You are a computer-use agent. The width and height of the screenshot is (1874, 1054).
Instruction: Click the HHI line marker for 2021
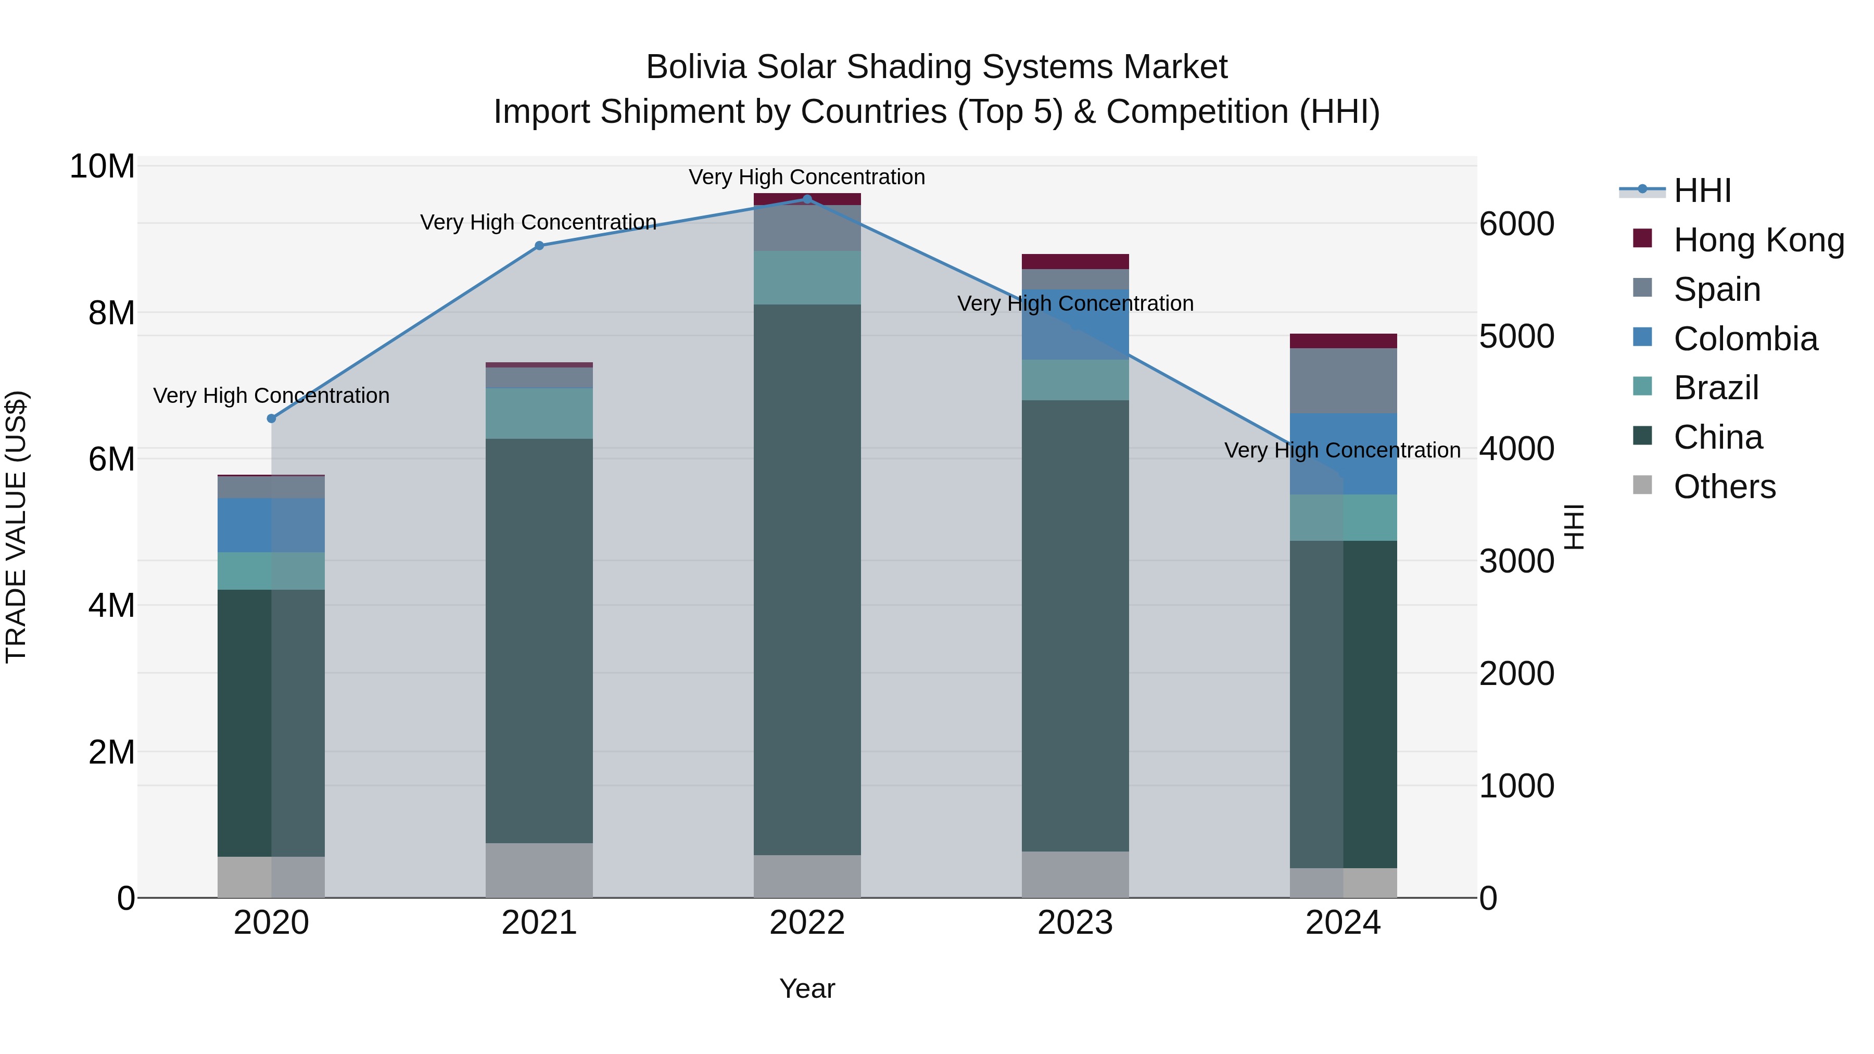[x=539, y=246]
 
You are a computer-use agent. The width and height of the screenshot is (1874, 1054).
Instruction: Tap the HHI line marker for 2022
[x=807, y=199]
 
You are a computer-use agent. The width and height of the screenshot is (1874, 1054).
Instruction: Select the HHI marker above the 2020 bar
[x=271, y=418]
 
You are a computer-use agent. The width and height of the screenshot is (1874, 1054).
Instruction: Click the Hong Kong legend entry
[x=1758, y=240]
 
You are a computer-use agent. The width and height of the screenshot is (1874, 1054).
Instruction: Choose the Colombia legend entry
[x=1745, y=339]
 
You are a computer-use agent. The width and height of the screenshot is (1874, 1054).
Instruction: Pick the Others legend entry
[x=1724, y=487]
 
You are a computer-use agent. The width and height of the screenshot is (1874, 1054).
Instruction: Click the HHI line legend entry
[x=1702, y=191]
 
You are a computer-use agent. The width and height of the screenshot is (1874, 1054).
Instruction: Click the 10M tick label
[x=102, y=167]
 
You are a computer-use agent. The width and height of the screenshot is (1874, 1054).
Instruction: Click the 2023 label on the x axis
[x=1074, y=923]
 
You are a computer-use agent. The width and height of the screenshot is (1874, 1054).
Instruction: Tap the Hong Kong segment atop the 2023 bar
[x=1074, y=262]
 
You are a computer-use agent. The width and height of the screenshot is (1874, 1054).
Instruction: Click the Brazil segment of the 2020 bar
[x=271, y=571]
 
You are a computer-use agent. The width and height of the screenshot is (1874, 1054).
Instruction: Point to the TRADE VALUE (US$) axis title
[x=16, y=527]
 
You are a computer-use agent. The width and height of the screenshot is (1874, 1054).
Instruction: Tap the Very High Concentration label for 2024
[x=1342, y=450]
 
